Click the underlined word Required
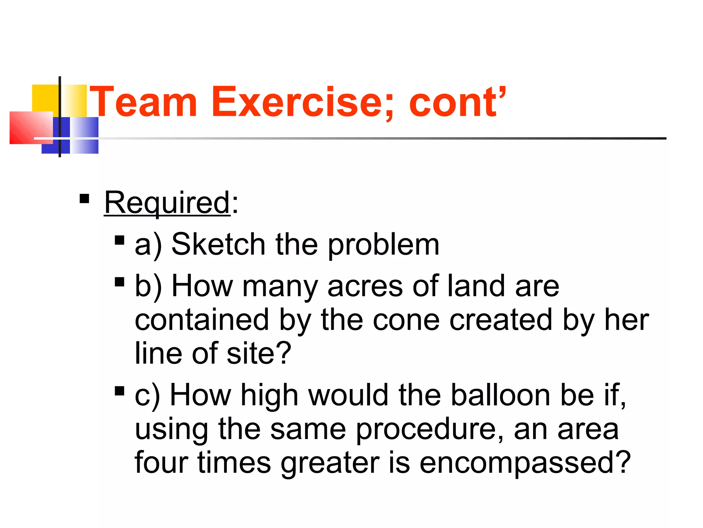pos(167,203)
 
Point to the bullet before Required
pos(84,199)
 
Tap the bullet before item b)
pos(119,282)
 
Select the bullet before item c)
pos(119,391)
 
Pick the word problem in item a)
pos(383,245)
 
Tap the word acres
pos(365,286)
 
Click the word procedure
pos(429,429)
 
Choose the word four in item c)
pos(161,462)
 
